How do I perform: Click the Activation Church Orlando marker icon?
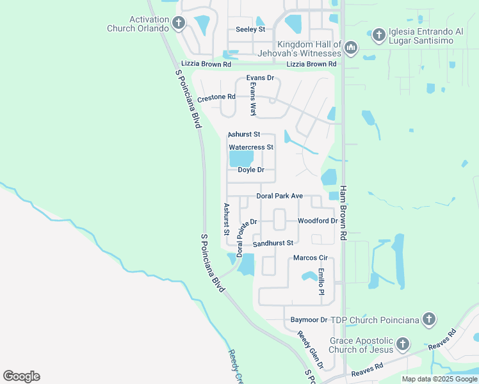click(x=179, y=24)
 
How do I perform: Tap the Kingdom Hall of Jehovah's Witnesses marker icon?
click(x=350, y=48)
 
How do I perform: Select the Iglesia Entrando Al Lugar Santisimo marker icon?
click(x=378, y=35)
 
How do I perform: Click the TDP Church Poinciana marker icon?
click(x=429, y=319)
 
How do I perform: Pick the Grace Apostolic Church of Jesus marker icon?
click(x=402, y=345)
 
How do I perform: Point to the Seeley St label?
click(x=250, y=29)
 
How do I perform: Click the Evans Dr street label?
click(x=261, y=78)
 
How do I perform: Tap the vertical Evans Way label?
click(x=253, y=99)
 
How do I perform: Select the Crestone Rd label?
click(x=216, y=97)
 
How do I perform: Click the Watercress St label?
click(x=251, y=147)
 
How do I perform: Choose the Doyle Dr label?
click(x=251, y=170)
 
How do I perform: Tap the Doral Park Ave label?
click(x=279, y=196)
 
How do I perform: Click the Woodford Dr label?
click(x=318, y=221)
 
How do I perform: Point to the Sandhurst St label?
click(x=273, y=243)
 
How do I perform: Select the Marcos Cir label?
click(x=310, y=258)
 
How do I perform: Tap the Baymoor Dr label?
click(x=309, y=319)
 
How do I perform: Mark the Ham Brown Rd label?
click(x=343, y=213)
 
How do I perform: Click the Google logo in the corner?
click(x=21, y=376)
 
